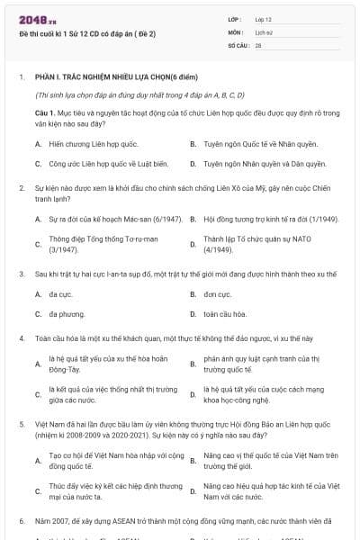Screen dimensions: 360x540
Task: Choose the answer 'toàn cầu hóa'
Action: pos(225,313)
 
